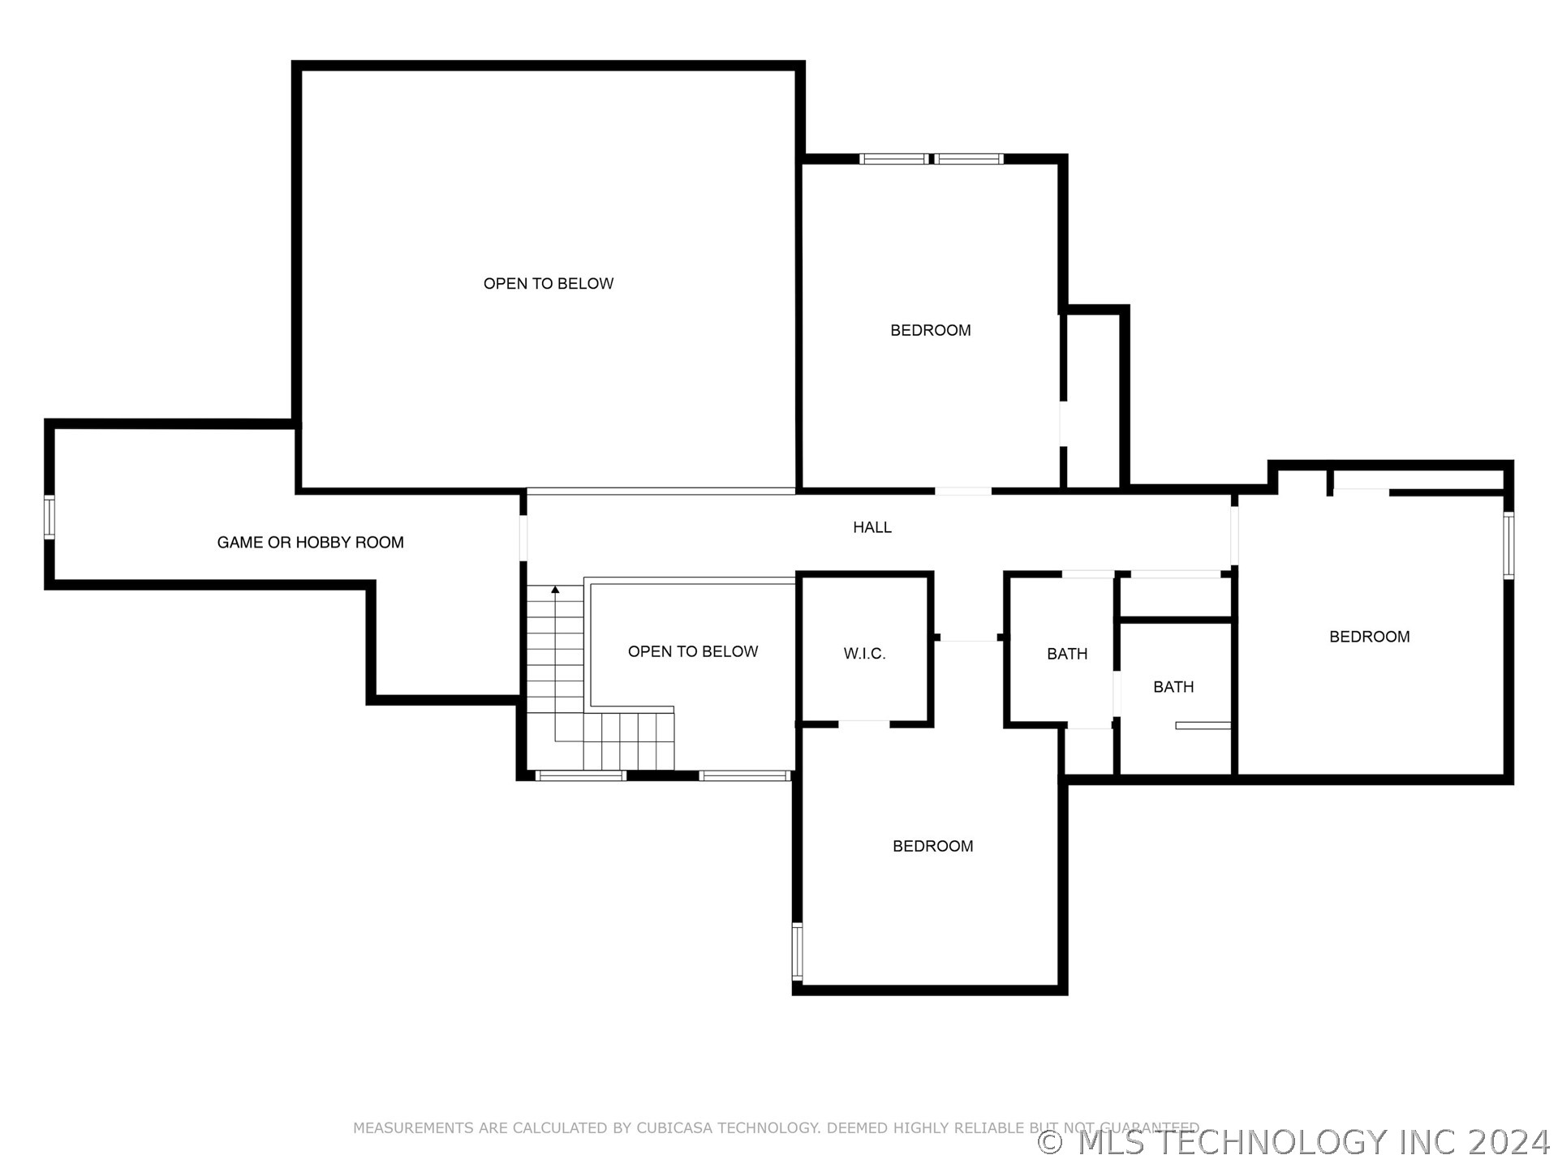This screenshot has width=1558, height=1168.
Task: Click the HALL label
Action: click(872, 527)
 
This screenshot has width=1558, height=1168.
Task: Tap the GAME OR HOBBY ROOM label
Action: click(311, 543)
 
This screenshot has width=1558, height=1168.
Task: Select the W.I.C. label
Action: click(865, 654)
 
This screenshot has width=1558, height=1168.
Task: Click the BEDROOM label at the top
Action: click(931, 330)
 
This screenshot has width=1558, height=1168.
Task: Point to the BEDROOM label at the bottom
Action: click(933, 846)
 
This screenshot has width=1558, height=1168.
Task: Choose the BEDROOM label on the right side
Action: click(1370, 637)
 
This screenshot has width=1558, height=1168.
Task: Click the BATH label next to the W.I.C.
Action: click(1067, 654)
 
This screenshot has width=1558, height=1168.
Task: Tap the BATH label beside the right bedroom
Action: click(1173, 687)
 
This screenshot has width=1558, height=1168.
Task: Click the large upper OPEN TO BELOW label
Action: click(549, 283)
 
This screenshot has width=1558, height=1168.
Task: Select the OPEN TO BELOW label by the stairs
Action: click(693, 651)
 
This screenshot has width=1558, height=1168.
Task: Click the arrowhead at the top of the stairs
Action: click(555, 590)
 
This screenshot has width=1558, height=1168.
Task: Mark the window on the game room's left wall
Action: click(49, 517)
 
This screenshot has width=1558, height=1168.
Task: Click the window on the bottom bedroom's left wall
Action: click(798, 952)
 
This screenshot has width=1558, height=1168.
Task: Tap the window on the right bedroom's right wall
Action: click(1509, 545)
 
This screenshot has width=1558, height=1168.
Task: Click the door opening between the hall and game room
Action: click(523, 538)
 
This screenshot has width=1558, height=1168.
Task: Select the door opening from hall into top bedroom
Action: click(963, 491)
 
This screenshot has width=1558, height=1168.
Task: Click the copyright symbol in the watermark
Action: click(1051, 1142)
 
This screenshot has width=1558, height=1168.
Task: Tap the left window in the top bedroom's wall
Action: click(893, 159)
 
